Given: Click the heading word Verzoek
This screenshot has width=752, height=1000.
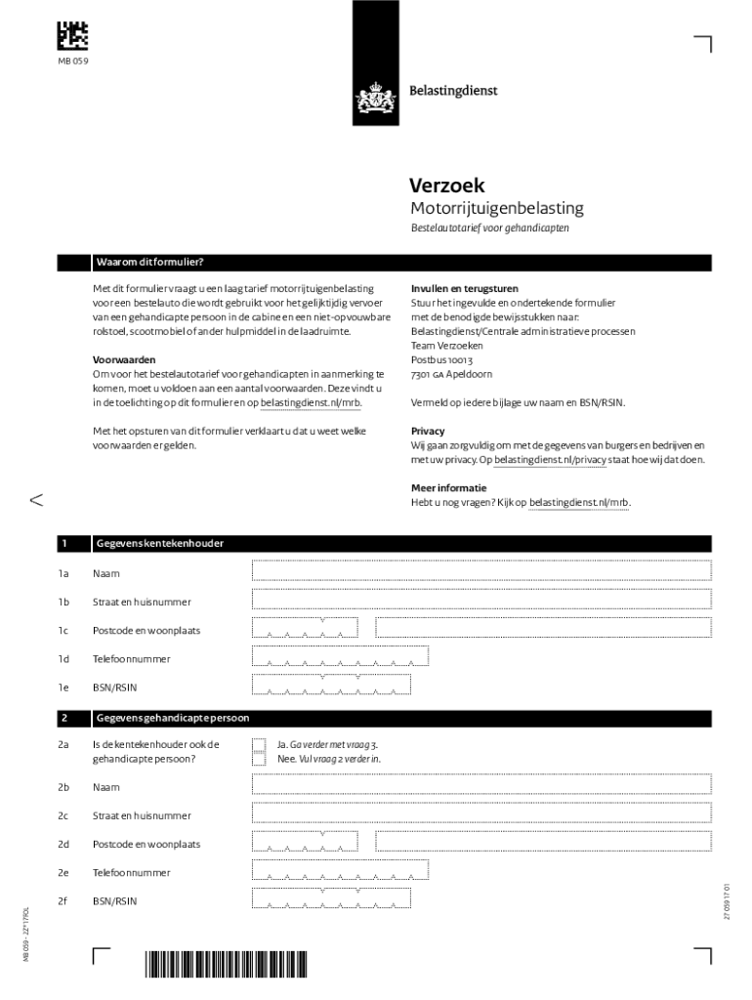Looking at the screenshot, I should [x=446, y=186].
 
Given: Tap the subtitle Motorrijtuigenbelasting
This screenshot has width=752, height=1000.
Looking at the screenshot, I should [x=496, y=208].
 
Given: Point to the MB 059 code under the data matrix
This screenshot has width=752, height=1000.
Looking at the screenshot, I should [x=74, y=62].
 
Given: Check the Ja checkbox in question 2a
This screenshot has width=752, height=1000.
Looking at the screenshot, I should [x=259, y=744].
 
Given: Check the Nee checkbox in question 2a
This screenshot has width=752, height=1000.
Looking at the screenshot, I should [x=259, y=759].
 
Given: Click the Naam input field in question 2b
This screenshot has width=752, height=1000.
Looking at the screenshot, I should [x=481, y=785].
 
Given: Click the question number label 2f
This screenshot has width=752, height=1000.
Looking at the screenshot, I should [x=63, y=901].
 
